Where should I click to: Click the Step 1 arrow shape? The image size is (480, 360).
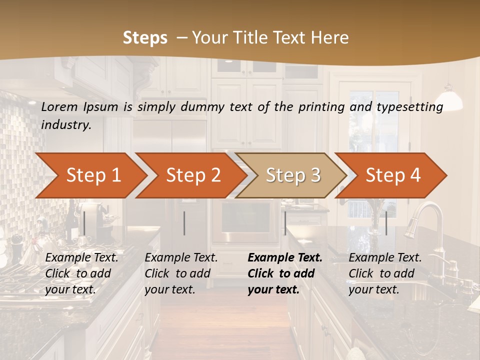[x=92, y=175]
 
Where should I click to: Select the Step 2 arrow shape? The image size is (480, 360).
[x=192, y=175]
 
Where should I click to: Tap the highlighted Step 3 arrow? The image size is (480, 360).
[x=292, y=175]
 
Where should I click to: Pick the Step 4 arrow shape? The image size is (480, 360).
[x=392, y=175]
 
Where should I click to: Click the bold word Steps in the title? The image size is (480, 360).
[x=145, y=37]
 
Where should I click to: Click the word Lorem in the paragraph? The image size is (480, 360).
[x=58, y=106]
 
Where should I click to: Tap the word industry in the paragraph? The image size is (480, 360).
[x=65, y=124]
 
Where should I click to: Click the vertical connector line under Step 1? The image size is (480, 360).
[x=84, y=223]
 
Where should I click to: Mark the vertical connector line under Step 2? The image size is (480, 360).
[x=184, y=223]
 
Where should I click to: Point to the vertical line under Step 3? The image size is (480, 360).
[x=285, y=223]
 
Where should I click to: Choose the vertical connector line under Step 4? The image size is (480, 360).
[x=386, y=223]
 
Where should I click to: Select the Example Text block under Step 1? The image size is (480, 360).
[x=81, y=273]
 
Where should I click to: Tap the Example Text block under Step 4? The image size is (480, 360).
[x=385, y=273]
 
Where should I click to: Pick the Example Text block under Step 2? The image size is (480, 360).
[x=181, y=273]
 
